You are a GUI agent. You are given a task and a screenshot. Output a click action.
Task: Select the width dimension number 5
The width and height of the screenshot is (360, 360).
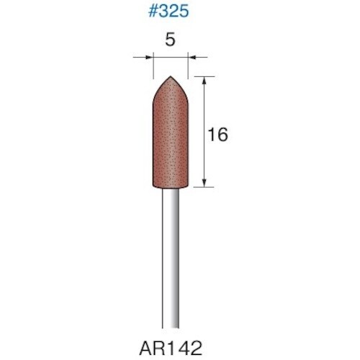point(170,41)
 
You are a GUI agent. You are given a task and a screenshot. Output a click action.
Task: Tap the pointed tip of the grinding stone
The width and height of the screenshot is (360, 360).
point(171,77)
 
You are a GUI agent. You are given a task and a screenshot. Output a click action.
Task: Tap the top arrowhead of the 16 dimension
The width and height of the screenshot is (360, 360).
point(207,79)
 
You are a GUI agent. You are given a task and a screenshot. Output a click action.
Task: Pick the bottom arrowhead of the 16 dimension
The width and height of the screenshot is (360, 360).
point(207,184)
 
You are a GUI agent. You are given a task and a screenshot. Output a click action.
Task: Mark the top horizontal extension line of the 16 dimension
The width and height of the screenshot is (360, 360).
point(204,76)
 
